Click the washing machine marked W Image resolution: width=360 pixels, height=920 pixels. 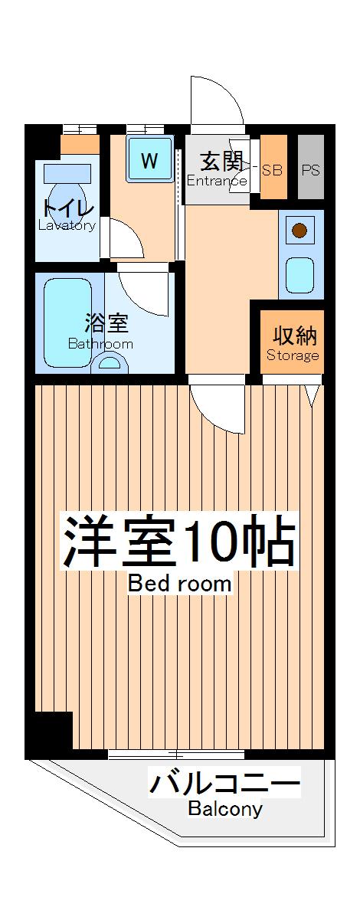(x=149, y=161)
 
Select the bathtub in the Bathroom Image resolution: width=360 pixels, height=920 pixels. (x=67, y=322)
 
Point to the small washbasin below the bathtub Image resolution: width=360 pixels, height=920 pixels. (x=110, y=365)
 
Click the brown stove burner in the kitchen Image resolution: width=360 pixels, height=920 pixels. (x=299, y=230)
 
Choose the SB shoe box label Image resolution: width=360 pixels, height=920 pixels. (x=273, y=170)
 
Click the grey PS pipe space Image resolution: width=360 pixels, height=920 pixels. (x=310, y=170)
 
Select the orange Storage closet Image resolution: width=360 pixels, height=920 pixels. (x=293, y=342)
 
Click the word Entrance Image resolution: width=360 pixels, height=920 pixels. (x=218, y=182)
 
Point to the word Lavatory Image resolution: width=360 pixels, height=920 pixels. (x=67, y=225)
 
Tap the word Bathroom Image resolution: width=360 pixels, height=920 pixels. (x=100, y=344)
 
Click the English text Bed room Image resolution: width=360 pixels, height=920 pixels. (x=179, y=584)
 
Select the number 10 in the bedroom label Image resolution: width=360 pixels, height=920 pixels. (x=211, y=543)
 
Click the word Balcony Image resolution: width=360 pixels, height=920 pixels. (x=225, y=809)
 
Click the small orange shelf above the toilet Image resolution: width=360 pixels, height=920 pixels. (x=80, y=144)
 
